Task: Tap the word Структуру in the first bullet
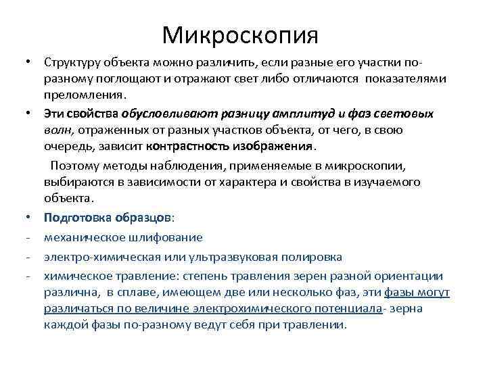(x=70, y=62)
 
